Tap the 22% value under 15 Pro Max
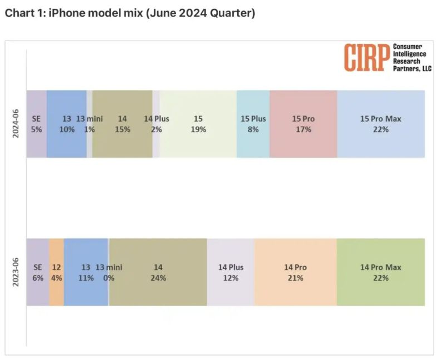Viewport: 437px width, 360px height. click(380, 129)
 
